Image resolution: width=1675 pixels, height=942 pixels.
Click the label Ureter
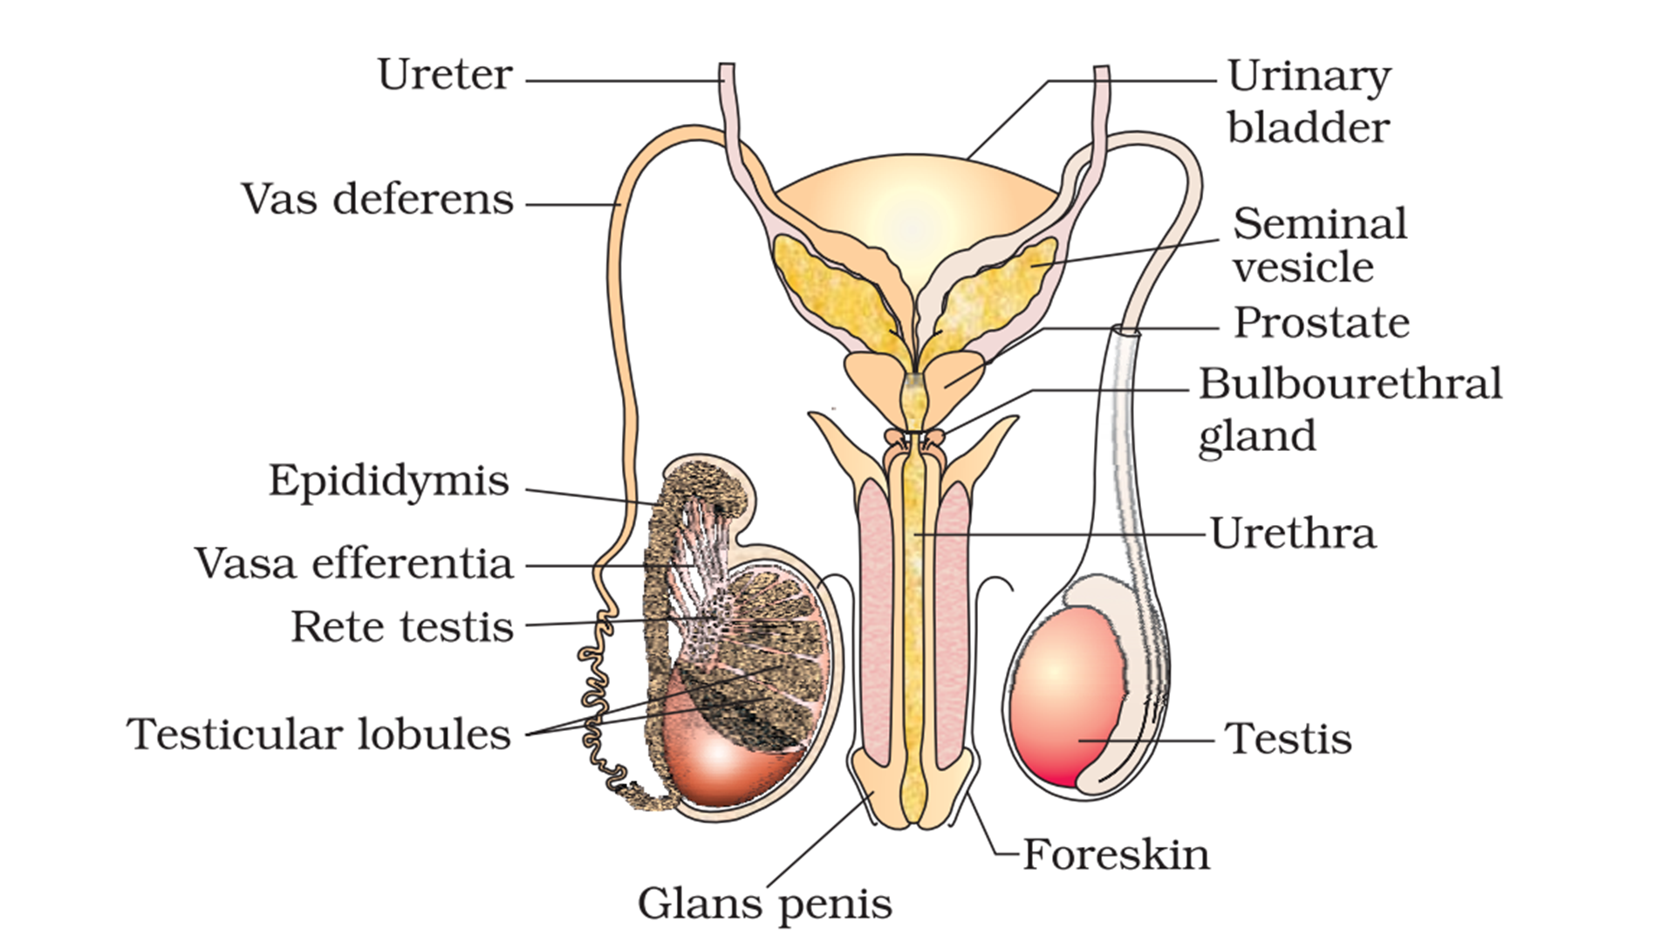pyautogui.click(x=444, y=75)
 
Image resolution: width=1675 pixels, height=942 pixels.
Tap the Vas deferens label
pyautogui.click(x=377, y=200)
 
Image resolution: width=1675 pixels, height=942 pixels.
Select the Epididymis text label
pyautogui.click(x=388, y=481)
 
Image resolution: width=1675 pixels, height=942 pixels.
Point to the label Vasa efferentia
pyautogui.click(x=353, y=563)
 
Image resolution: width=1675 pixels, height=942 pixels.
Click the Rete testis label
pyautogui.click(x=401, y=627)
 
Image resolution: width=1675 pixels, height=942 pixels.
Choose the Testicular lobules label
pyautogui.click(x=318, y=734)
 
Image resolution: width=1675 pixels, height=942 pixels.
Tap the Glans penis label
pyautogui.click(x=765, y=904)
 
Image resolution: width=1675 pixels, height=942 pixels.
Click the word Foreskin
pyautogui.click(x=1116, y=855)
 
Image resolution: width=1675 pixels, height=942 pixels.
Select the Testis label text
pyautogui.click(x=1288, y=739)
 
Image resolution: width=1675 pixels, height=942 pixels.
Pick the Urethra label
pyautogui.click(x=1293, y=534)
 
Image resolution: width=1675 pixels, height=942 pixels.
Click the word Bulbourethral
pyautogui.click(x=1350, y=384)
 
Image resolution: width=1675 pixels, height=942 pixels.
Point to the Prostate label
pyautogui.click(x=1321, y=324)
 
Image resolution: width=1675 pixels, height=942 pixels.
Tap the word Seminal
pyautogui.click(x=1319, y=224)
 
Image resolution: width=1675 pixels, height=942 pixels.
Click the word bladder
pyautogui.click(x=1308, y=128)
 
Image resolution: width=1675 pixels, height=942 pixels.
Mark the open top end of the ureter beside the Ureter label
pyautogui.click(x=726, y=68)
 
